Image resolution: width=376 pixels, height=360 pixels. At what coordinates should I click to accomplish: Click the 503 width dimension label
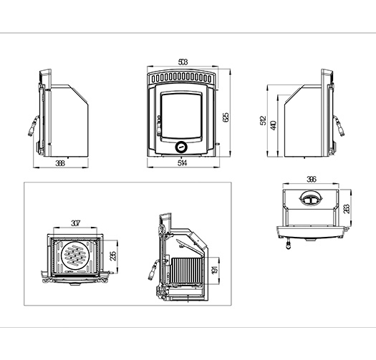point(183,62)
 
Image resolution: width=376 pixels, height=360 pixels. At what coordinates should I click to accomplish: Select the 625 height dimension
point(226,117)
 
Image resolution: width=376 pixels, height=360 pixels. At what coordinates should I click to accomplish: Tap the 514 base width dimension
point(182,163)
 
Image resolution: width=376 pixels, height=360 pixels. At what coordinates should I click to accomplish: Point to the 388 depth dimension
point(60,163)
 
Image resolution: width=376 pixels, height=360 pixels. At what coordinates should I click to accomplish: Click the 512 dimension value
point(263,120)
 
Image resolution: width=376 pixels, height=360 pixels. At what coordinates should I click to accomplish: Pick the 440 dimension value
point(274,125)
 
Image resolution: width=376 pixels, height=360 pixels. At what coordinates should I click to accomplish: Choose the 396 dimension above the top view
point(312,179)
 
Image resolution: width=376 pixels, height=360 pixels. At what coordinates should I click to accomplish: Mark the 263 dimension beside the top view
point(347,208)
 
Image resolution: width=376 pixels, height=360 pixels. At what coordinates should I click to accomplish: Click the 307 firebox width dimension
point(75,223)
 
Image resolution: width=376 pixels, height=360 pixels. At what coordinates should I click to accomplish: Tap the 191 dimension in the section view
point(214,270)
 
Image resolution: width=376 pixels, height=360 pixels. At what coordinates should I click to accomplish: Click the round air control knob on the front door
point(181,147)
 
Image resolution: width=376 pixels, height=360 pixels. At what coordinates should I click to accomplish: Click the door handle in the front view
point(158,125)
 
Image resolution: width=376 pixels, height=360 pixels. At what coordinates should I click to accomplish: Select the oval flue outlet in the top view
point(311,198)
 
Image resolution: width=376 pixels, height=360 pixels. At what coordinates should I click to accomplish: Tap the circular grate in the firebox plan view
point(75,254)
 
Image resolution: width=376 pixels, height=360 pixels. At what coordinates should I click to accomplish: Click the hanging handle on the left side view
point(34,125)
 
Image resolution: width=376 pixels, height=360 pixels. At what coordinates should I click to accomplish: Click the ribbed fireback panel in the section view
point(188,270)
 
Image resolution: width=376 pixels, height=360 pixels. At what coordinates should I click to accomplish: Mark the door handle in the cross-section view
point(153,270)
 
